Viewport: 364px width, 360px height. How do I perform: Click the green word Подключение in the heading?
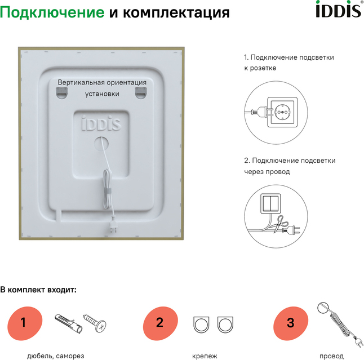click(52, 12)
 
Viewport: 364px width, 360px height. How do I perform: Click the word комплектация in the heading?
click(176, 13)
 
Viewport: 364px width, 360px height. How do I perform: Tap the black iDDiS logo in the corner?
click(339, 9)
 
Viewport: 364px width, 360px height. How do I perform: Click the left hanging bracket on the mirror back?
click(61, 93)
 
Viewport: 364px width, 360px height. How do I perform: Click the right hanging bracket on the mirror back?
click(141, 93)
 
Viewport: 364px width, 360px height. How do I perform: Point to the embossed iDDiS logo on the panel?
click(101, 123)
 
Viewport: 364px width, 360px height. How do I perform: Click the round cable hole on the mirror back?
click(101, 144)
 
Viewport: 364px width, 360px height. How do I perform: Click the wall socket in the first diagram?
click(282, 112)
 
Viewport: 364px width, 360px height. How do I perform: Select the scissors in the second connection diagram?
click(280, 224)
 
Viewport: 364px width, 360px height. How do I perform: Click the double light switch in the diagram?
click(270, 203)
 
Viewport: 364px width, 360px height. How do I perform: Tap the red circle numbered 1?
click(25, 323)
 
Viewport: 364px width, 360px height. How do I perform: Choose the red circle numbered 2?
click(160, 323)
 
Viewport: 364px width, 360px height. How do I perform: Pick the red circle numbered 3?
click(291, 323)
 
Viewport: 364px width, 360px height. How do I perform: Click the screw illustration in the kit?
click(95, 323)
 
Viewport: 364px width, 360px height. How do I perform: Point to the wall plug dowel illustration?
click(69, 324)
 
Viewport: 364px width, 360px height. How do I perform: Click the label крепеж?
click(205, 356)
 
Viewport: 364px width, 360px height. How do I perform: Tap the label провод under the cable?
click(331, 356)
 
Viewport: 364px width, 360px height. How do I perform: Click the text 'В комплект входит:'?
click(38, 290)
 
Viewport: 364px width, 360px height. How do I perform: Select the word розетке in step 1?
click(263, 68)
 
